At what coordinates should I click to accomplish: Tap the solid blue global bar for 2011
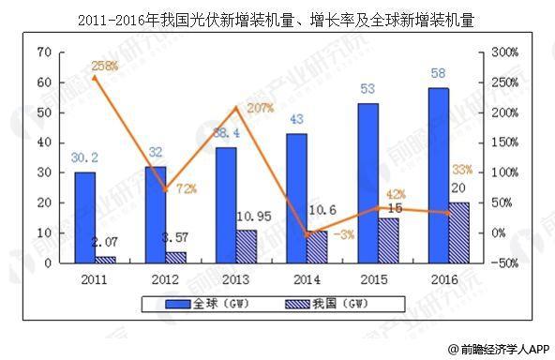click(x=85, y=217)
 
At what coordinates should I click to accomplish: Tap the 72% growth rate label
click(x=186, y=188)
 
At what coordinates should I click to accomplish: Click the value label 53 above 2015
click(x=367, y=90)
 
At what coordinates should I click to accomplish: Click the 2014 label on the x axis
click(x=306, y=278)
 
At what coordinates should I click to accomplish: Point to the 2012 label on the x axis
click(x=165, y=278)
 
